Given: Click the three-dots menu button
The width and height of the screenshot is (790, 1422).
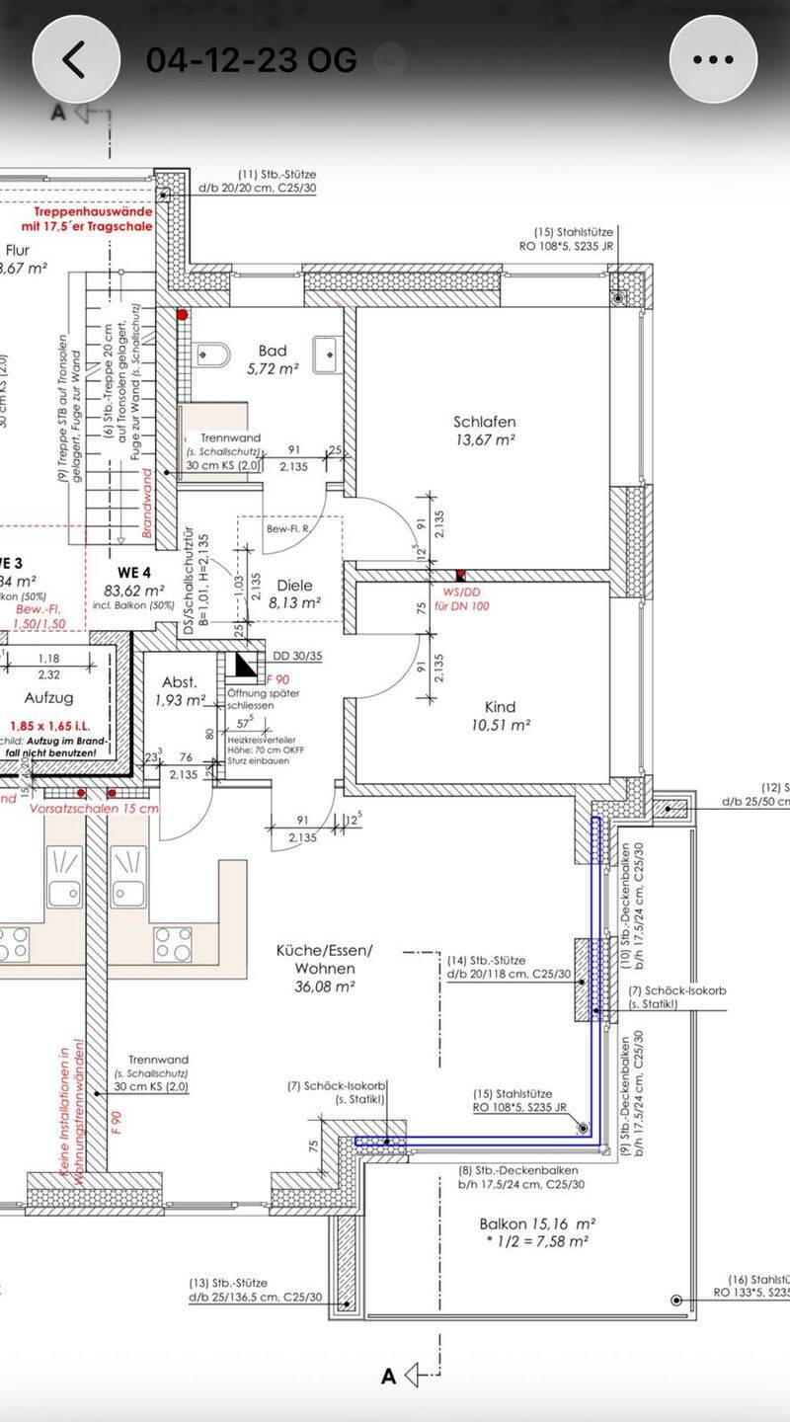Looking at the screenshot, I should coord(713,59).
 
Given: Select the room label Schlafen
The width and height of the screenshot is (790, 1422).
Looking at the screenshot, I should coord(485,422).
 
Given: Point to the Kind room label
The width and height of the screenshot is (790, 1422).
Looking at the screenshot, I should coord(500,707).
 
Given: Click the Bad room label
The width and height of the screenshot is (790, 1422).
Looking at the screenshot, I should coord(273,351).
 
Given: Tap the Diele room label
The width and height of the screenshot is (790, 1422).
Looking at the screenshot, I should coord(294,585).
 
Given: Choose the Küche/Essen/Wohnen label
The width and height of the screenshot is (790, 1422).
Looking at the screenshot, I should coord(325,959).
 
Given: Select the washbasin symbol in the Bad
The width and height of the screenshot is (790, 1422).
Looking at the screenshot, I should coord(326,353).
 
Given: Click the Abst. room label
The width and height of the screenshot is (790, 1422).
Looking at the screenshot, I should coord(180,682).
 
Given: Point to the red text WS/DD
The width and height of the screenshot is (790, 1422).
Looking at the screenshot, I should coord(458,592).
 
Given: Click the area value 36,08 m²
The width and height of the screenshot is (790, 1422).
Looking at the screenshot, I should coord(325,986).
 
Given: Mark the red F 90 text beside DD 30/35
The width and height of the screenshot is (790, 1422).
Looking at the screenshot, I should coord(278,680).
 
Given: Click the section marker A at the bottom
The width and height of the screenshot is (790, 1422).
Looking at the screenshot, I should coord(389,1375).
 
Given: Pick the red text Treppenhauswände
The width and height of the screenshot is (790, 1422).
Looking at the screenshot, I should coord(93,211).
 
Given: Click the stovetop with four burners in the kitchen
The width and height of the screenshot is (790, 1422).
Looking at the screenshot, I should coord(173,944).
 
